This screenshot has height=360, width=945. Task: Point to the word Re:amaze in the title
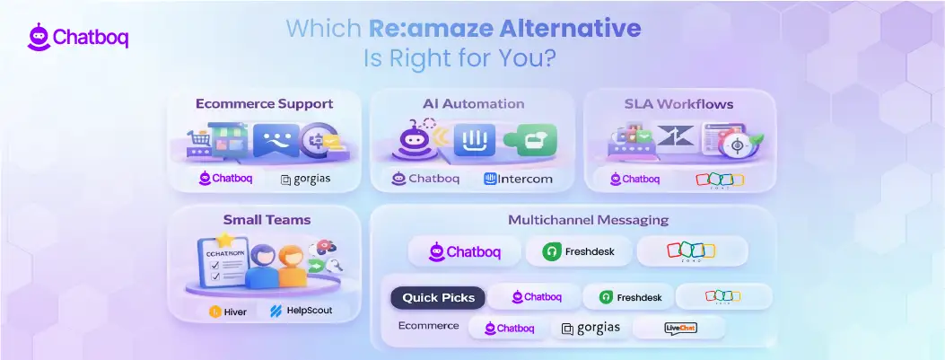coord(418,28)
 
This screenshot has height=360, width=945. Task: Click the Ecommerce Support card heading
coord(264,103)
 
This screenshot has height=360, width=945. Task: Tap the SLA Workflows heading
coord(678,104)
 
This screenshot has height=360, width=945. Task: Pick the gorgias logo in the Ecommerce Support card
coord(304,179)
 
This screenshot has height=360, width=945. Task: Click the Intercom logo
coord(518,179)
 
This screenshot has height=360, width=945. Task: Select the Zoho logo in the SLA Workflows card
coord(720,179)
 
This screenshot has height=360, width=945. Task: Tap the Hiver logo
coord(229,311)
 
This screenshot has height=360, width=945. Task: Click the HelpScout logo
coord(301,311)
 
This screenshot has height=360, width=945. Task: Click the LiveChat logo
coord(680,328)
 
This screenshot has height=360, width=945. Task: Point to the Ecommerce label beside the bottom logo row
coord(428,325)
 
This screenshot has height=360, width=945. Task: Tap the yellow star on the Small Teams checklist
coord(224,241)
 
